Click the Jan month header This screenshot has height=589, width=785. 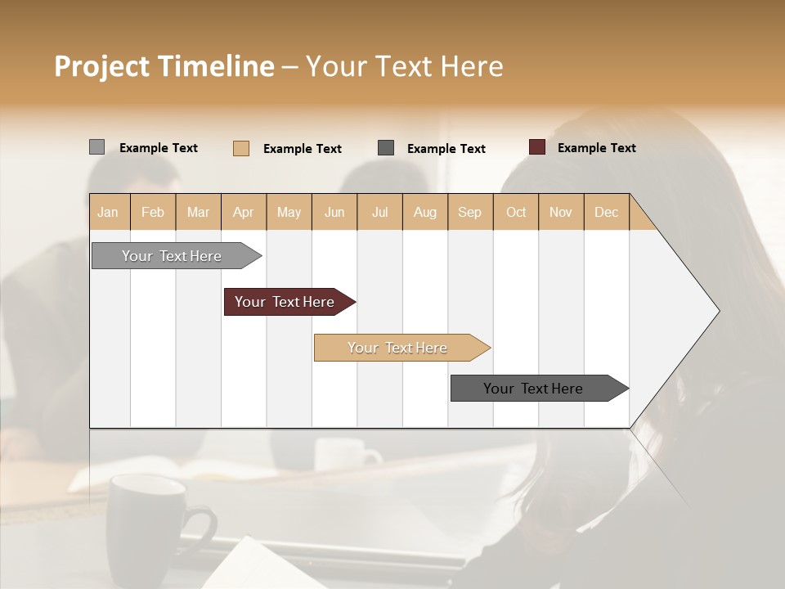[108, 212]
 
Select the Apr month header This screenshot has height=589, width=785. [243, 212]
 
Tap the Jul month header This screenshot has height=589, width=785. [379, 212]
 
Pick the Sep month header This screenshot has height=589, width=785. [469, 212]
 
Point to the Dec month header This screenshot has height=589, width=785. [606, 212]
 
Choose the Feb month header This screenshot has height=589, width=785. [153, 212]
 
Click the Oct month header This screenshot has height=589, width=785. [516, 212]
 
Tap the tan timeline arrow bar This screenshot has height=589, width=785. [398, 348]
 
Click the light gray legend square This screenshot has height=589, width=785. [96, 147]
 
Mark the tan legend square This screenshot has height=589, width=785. [241, 148]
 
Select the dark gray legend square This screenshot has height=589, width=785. [386, 148]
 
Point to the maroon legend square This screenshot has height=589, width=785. [536, 147]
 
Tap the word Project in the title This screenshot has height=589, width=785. [101, 67]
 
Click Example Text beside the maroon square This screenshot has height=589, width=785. [596, 148]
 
